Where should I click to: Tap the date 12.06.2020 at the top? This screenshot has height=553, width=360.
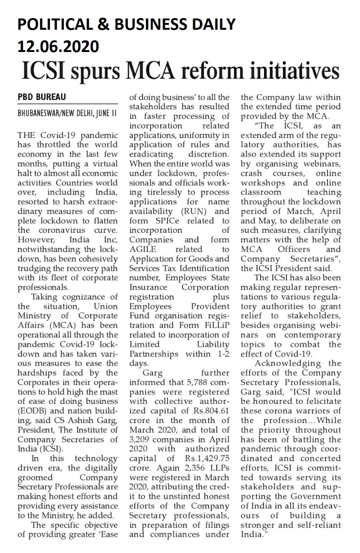pos(58,46)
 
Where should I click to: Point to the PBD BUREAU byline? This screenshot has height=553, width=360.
pos(41,97)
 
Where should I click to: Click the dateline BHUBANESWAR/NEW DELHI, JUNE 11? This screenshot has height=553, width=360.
pos(67,113)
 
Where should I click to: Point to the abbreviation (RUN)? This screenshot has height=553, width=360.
pos(194,211)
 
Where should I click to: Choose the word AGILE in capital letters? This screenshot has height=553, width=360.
pos(143,249)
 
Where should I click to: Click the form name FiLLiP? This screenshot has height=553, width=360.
pos(217,325)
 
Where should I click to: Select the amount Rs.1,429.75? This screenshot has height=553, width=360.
pos(207,458)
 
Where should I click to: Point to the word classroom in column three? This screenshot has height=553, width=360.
pos(261,192)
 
